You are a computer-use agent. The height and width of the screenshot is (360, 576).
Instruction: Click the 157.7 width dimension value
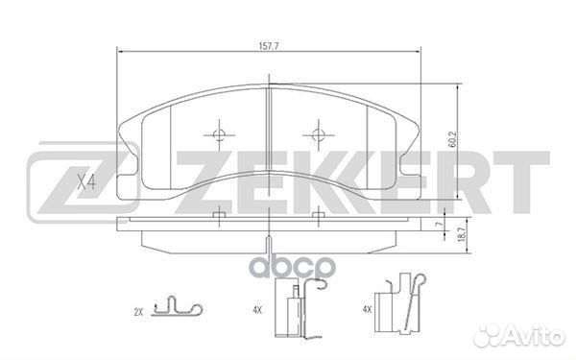click(269, 46)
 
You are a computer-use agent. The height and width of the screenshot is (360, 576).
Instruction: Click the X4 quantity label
click(86, 181)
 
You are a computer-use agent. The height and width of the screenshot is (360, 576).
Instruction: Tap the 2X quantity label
click(138, 313)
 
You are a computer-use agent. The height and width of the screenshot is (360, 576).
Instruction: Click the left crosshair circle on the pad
click(219, 134)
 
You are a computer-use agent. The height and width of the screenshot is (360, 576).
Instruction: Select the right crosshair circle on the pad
click(318, 134)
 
